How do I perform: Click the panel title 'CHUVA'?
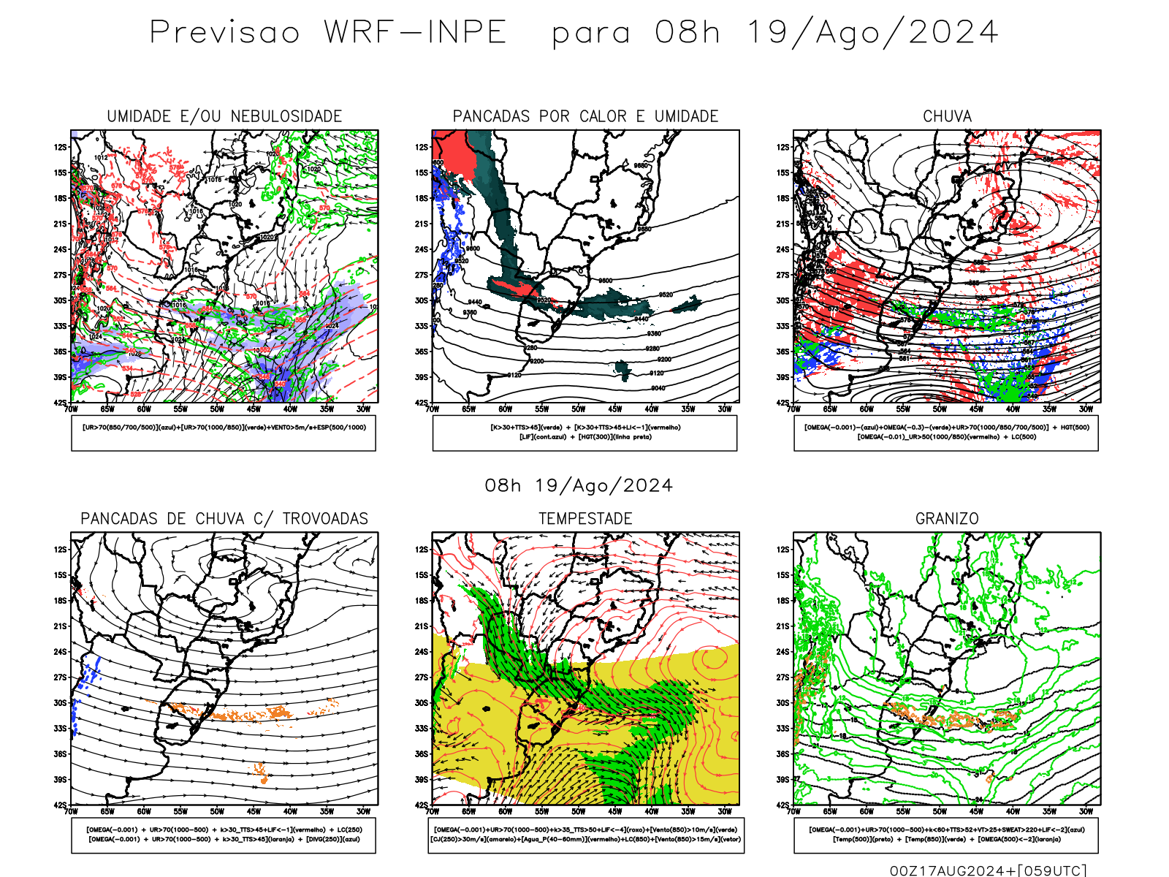coord(947,116)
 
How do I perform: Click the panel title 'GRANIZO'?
coord(947,519)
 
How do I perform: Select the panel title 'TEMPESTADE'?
coord(585,519)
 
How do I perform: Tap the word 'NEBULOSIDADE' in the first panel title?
coord(286,116)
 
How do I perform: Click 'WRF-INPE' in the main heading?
coord(415,33)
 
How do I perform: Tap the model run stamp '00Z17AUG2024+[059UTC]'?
coord(988,870)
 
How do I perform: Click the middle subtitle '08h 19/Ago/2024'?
coord(579,486)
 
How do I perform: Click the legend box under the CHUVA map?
coord(946,433)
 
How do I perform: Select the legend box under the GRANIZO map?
coord(946,835)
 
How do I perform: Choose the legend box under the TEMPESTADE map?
coord(586,835)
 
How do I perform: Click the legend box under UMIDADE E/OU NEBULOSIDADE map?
coord(224,433)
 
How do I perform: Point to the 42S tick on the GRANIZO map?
coord(783,805)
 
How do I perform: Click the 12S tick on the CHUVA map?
coord(783,148)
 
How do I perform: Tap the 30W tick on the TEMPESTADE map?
coord(725,811)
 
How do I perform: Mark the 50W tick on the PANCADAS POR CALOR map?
coord(579,409)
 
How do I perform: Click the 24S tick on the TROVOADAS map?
coord(60,652)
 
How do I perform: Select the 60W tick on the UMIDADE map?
coord(144,409)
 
